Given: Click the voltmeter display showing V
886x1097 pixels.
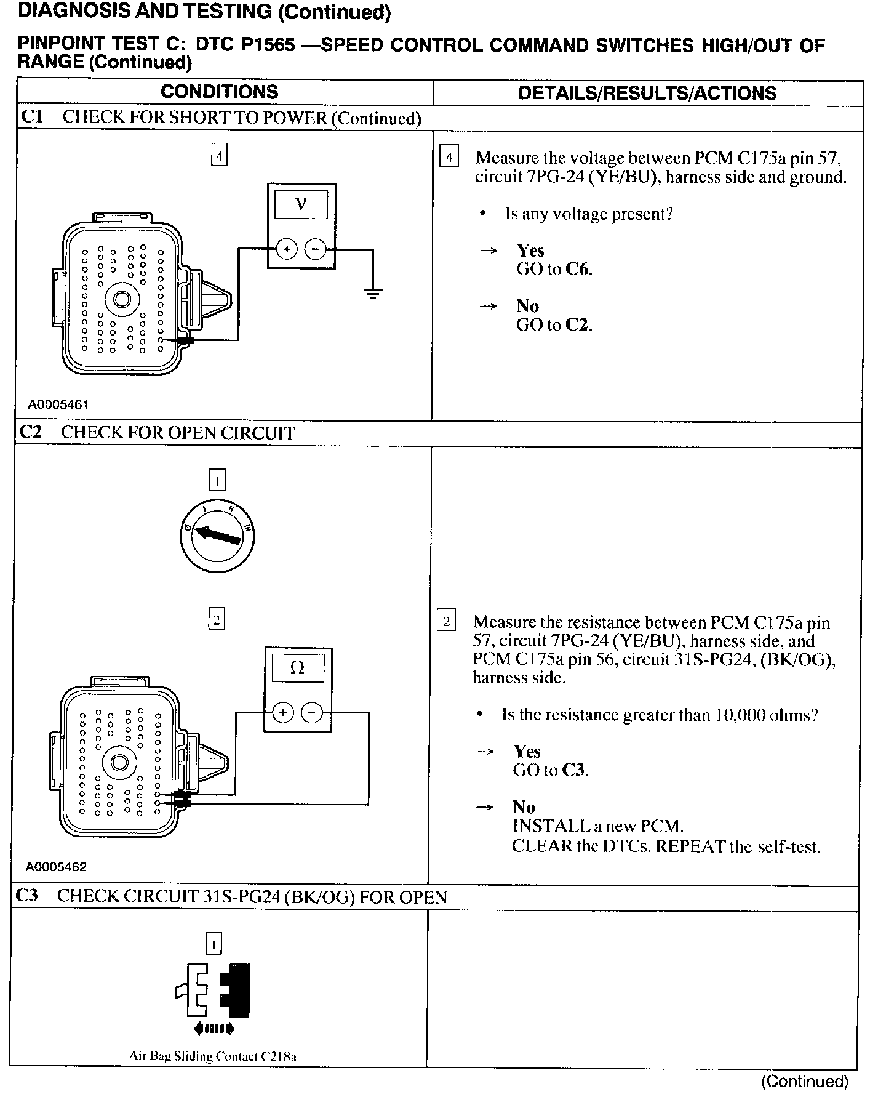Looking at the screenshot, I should pos(301,204).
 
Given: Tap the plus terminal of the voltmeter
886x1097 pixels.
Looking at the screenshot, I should pos(286,249).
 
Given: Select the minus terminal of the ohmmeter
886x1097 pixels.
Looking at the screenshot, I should pos(313,713).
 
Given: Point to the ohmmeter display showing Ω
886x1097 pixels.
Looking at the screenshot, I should pos(297,668).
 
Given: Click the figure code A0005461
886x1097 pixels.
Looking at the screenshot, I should pos(58,404).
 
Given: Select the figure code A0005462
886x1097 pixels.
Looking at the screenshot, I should pos(56,867).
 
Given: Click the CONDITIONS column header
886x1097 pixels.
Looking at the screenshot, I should pos(219,92).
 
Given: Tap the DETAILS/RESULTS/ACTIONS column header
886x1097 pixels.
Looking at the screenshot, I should pos(647,93).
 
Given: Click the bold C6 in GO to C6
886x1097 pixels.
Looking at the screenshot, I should pos(578,269).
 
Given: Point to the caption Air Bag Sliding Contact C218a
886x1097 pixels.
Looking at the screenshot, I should pos(212,1056).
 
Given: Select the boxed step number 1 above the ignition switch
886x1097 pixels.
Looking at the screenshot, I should pos(217,480).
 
